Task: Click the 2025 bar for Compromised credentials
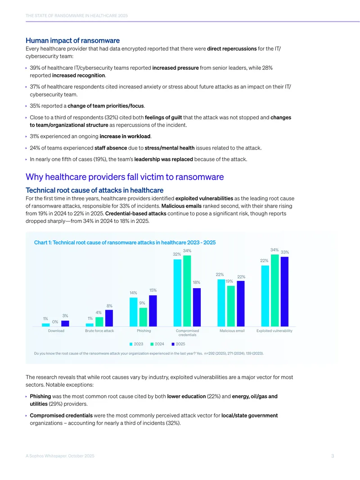pyautogui.click(x=197, y=307)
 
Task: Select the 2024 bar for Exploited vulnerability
pyautogui.click(x=274, y=290)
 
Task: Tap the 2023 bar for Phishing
pyautogui.click(x=133, y=312)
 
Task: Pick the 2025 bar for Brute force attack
pyautogui.click(x=109, y=318)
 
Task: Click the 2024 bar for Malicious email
pyautogui.click(x=231, y=306)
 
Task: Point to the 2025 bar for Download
pyautogui.click(x=65, y=323)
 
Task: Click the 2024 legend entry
pyautogui.click(x=157, y=344)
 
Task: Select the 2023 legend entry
pyautogui.click(x=136, y=344)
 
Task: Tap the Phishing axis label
pyautogui.click(x=144, y=331)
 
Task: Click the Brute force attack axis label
pyautogui.click(x=99, y=331)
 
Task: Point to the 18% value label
pyautogui.click(x=196, y=282)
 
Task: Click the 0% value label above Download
pyautogui.click(x=55, y=322)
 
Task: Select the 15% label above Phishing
pyautogui.click(x=153, y=290)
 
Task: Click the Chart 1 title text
pyautogui.click(x=125, y=242)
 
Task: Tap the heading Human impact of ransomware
pyautogui.click(x=72, y=41)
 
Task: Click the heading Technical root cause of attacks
pyautogui.click(x=94, y=190)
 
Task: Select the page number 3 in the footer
pyautogui.click(x=333, y=456)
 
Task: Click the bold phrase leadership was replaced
pyautogui.click(x=164, y=159)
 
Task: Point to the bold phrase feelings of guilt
pyautogui.click(x=163, y=117)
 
